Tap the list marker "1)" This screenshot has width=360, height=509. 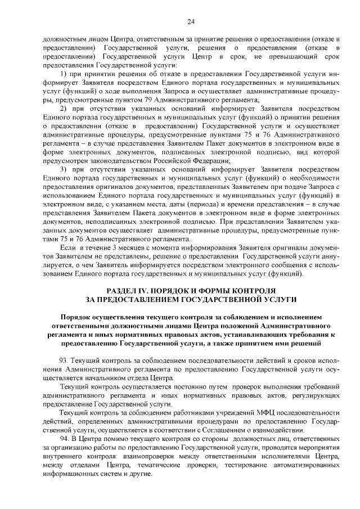coord(64,74)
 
